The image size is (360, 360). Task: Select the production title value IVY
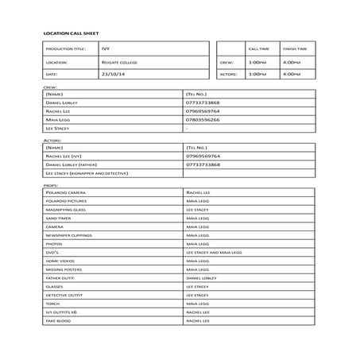(x=106, y=48)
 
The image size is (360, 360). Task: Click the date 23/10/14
(x=114, y=74)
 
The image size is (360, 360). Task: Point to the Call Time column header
(x=259, y=48)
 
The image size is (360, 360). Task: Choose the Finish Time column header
(x=295, y=48)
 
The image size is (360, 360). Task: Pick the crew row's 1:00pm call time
(x=257, y=61)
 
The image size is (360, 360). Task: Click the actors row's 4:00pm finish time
(x=292, y=74)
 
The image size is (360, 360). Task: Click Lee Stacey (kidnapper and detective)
(x=87, y=172)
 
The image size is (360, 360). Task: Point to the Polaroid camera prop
(x=65, y=192)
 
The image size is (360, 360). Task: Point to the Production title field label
(x=64, y=48)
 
